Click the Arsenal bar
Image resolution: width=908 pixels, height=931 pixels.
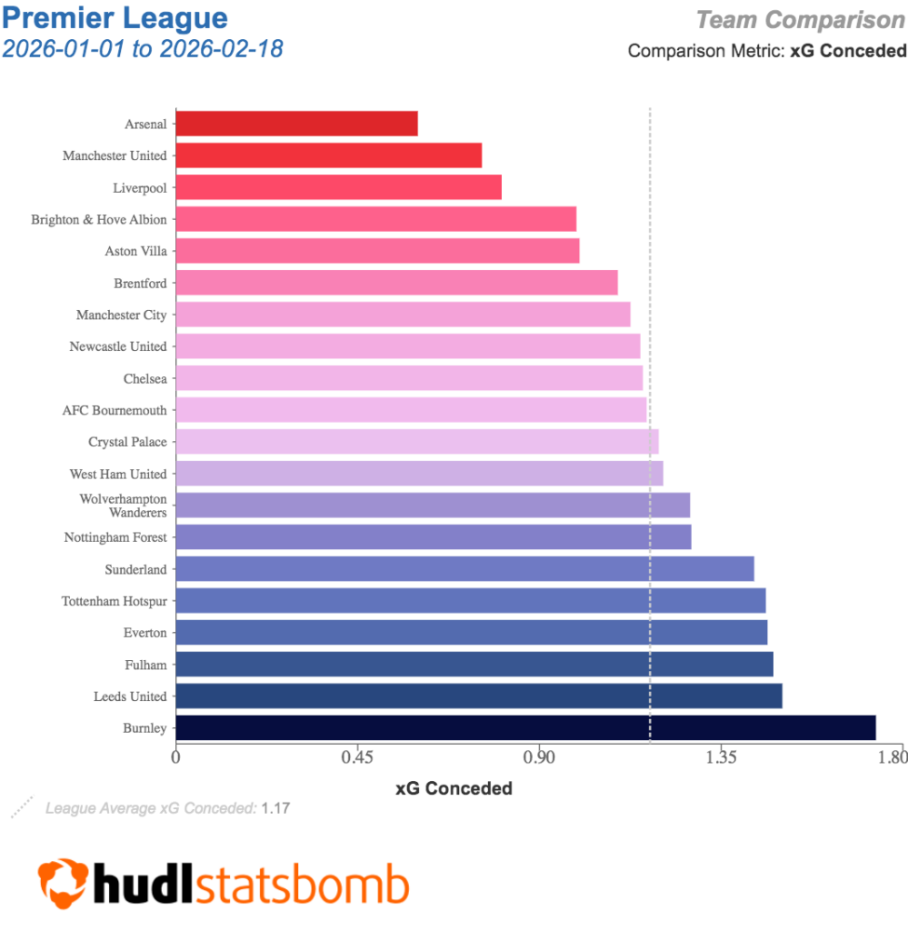[296, 124]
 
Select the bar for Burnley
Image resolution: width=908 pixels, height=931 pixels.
[525, 728]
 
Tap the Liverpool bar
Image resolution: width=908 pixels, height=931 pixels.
[338, 187]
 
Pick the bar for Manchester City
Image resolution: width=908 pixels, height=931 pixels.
[403, 315]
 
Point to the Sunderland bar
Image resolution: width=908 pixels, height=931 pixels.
[464, 569]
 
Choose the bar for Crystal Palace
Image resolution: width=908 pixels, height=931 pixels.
[416, 442]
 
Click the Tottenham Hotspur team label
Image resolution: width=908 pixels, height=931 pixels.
[115, 601]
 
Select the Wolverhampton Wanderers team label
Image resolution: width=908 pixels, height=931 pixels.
[124, 506]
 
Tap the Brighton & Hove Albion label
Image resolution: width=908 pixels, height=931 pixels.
[99, 219]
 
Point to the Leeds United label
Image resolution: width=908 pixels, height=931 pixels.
[130, 696]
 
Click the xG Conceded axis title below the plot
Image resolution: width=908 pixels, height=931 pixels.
[454, 788]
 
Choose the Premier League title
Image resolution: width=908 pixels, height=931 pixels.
[115, 17]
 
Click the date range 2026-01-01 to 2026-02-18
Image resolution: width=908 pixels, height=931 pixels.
[143, 48]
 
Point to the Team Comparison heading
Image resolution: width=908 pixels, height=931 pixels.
[801, 19]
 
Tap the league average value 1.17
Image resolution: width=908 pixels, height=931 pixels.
[275, 807]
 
